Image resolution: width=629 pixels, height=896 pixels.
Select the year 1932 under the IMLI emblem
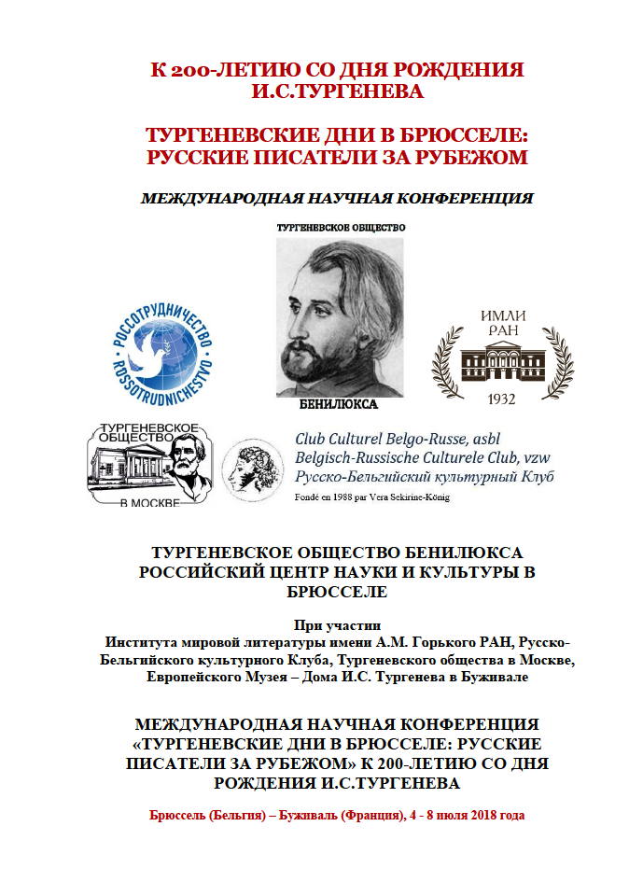click(502, 397)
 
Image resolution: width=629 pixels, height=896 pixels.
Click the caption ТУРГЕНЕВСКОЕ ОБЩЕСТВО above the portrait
click(341, 227)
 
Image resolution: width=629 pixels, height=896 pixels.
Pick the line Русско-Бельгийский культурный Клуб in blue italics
click(424, 476)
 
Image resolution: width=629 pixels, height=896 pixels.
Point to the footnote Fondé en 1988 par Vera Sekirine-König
click(371, 497)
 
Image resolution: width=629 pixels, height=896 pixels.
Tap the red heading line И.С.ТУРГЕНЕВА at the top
click(337, 91)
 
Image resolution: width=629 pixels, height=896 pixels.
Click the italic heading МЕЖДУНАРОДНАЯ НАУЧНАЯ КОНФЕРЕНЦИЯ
click(336, 198)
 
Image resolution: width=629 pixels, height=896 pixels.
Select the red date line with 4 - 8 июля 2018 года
click(337, 815)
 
